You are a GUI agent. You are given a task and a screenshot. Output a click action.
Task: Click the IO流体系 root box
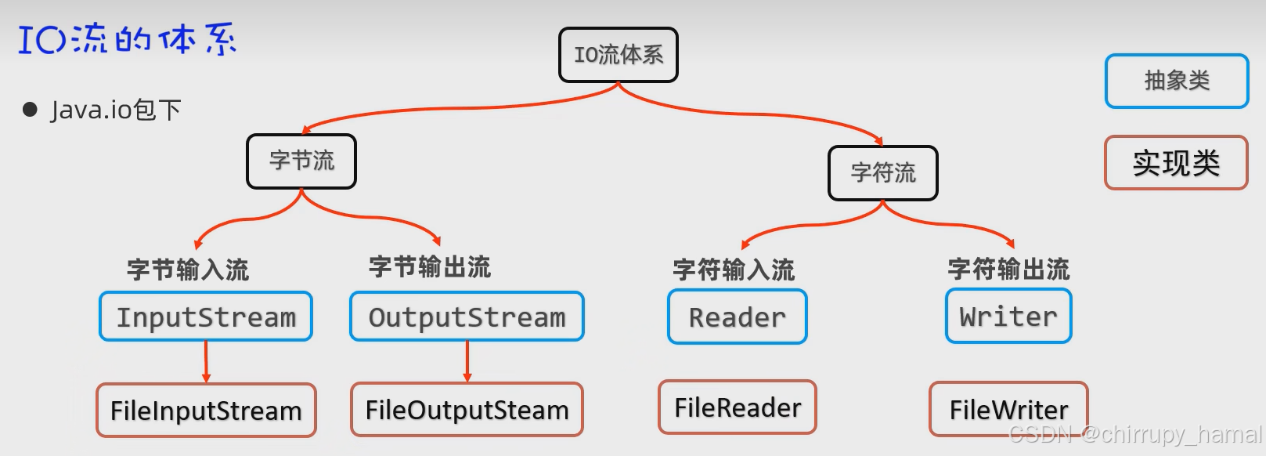tap(618, 55)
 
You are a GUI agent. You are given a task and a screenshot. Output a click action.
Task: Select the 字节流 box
tap(301, 161)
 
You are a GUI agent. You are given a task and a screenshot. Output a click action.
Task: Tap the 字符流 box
tap(882, 173)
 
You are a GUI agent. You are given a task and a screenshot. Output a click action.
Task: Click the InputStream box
tap(206, 317)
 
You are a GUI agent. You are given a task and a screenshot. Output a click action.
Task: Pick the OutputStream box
tap(467, 317)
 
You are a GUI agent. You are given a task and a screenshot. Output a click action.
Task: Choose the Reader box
tap(737, 317)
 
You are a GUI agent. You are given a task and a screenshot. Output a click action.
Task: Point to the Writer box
tap(1008, 316)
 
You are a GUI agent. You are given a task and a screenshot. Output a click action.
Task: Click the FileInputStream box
tap(206, 410)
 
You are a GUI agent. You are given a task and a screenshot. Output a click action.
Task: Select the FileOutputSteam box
tap(467, 409)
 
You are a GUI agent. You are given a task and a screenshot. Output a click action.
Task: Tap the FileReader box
tap(737, 407)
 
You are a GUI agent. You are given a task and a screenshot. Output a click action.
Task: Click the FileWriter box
tap(1008, 409)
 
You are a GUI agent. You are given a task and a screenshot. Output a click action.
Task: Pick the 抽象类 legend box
tap(1176, 81)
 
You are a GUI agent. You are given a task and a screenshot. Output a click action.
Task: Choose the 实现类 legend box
tap(1176, 163)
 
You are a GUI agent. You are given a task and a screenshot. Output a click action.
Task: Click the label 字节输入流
tap(188, 270)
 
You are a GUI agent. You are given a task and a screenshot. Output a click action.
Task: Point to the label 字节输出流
tap(430, 267)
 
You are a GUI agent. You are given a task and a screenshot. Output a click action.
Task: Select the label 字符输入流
tap(734, 270)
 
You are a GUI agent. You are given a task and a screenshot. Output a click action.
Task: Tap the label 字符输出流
tap(1008, 270)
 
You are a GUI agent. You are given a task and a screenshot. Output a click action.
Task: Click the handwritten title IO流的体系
tap(127, 39)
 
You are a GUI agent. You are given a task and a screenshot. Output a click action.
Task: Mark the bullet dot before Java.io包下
tap(31, 110)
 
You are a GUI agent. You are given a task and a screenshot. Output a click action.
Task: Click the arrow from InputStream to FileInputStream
tap(206, 361)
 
